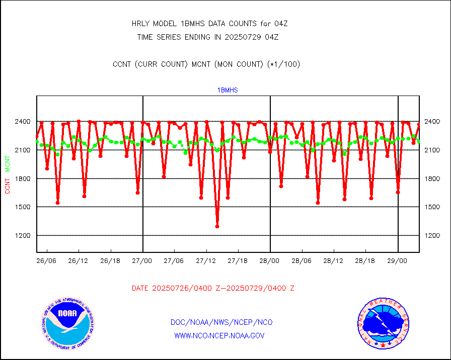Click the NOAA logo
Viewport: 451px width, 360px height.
pos(67,322)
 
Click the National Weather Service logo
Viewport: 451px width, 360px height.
pos(383,323)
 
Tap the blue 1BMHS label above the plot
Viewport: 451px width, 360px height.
pos(228,91)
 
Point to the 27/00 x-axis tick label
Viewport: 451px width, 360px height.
pos(143,261)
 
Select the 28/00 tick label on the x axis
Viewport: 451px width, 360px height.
pos(270,261)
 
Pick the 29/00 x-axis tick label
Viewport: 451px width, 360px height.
pos(398,261)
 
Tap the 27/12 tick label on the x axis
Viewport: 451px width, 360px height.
pos(206,261)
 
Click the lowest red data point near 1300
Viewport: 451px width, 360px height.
pos(217,226)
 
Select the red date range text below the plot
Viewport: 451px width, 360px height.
pos(213,289)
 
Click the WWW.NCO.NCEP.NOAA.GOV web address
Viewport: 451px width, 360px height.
pos(219,335)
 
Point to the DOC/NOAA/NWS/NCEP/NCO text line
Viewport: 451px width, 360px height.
pos(221,322)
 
